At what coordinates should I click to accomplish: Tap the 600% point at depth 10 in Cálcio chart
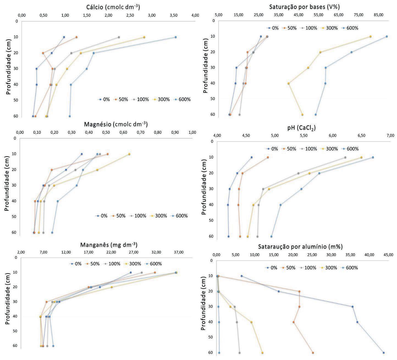pyautogui.click(x=176, y=37)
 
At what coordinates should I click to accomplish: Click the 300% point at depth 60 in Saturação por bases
pyautogui.click(x=302, y=115)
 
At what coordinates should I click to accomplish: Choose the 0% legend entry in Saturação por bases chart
pyautogui.click(x=272, y=28)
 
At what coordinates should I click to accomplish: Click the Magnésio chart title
pyautogui.click(x=116, y=124)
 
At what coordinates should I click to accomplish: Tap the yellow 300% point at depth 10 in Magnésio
pyautogui.click(x=129, y=154)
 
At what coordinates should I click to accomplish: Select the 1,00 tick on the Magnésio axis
pyautogui.click(x=192, y=133)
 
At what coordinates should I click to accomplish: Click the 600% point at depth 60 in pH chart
pyautogui.click(x=271, y=236)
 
